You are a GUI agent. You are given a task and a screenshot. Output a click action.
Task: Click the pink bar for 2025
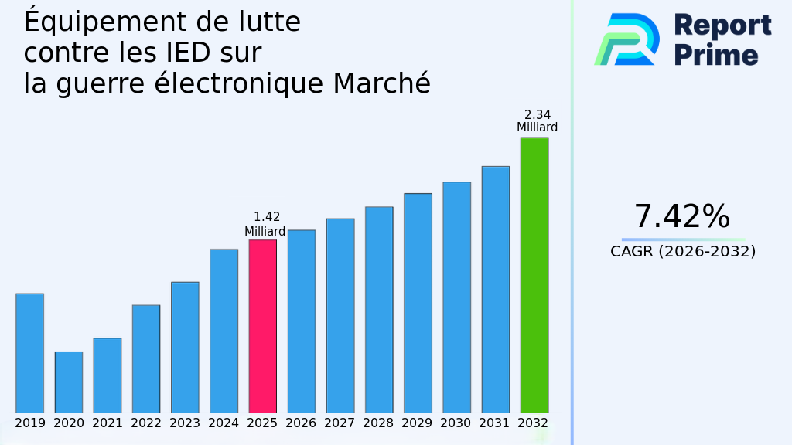262,326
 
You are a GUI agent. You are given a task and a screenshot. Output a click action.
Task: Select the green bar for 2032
534,275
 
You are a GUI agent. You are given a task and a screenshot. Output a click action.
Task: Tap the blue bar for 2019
29,353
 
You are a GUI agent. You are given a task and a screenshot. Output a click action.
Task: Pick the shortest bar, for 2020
68,382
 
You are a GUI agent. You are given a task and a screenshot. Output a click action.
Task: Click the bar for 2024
224,331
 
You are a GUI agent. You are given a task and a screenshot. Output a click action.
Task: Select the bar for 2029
418,303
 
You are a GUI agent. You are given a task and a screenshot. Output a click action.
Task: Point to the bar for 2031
495,290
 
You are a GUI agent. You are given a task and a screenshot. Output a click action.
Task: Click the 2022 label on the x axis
146,423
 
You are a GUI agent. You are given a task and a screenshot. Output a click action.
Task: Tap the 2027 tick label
340,423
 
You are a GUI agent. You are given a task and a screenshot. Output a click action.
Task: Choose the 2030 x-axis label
456,423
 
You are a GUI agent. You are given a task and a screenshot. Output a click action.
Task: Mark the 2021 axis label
108,423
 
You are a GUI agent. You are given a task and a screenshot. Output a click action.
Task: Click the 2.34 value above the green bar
538,115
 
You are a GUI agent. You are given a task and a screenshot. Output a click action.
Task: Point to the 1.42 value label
267,218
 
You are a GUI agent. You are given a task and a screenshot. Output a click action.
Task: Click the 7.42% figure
681,217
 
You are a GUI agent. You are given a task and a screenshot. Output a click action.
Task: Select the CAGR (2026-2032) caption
683,251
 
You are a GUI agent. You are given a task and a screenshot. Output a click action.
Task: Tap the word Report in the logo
722,25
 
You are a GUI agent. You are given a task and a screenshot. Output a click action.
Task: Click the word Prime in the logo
716,55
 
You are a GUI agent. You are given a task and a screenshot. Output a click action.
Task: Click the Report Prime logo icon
627,39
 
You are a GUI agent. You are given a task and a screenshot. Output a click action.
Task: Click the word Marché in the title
381,83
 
